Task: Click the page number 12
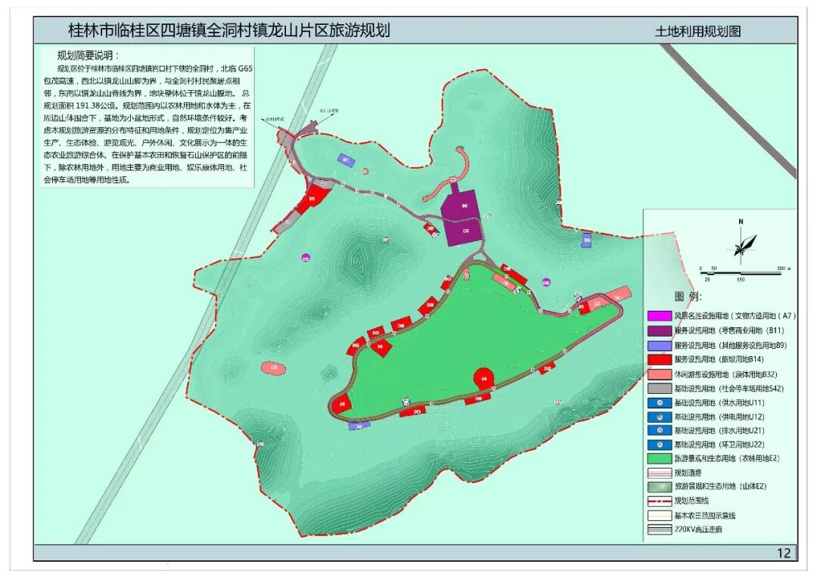[x=783, y=553]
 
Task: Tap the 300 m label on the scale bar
[x=781, y=269]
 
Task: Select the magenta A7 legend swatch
[x=659, y=315]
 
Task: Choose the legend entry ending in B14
[x=726, y=358]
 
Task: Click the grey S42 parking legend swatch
[x=659, y=388]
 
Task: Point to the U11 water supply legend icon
[x=659, y=402]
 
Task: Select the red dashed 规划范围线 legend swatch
[x=659, y=501]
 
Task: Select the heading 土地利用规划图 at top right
[x=697, y=32]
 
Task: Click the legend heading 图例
[x=688, y=296]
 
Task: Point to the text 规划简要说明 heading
[x=89, y=55]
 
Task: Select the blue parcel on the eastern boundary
[x=586, y=240]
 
